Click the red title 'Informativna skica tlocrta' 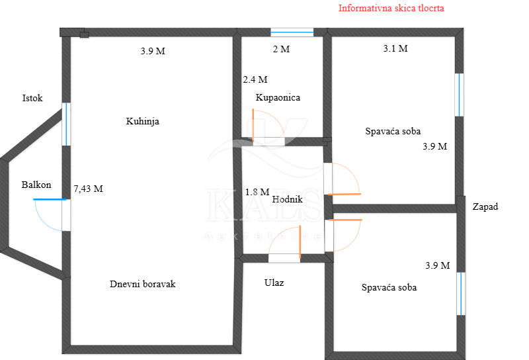(391, 8)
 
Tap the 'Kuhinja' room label (142, 121)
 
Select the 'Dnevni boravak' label (142, 284)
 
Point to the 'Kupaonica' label (278, 97)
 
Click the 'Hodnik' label (287, 199)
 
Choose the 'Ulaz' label (274, 283)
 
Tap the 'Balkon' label (36, 185)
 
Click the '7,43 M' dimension (88, 189)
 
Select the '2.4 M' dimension (255, 79)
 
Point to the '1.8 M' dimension (257, 192)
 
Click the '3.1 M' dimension (395, 48)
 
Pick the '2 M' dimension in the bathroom (281, 50)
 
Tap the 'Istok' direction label (32, 99)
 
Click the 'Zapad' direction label (485, 206)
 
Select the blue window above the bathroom (292, 32)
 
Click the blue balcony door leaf (50, 200)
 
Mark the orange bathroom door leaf (253, 126)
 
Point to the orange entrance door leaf (300, 242)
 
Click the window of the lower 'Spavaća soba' (461, 294)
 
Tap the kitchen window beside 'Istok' (67, 124)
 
